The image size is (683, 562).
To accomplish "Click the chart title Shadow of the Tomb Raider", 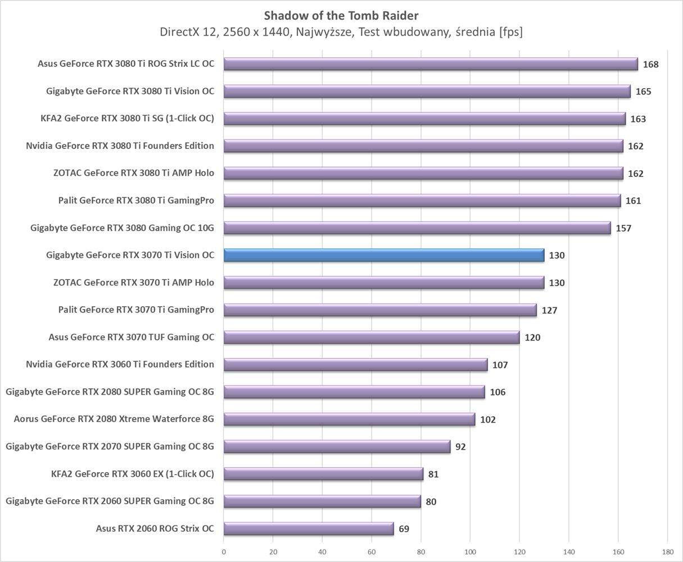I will click(341, 15).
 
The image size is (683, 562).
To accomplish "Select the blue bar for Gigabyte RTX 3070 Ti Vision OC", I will click(384, 255).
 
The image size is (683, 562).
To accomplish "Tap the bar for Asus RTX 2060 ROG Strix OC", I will click(309, 528).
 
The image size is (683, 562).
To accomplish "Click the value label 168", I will click(650, 64).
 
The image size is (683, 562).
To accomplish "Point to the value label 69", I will click(404, 529).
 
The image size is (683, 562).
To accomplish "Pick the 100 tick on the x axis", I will click(470, 552).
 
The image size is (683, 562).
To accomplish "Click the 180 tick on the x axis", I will click(667, 552).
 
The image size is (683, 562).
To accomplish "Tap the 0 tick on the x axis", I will click(224, 552).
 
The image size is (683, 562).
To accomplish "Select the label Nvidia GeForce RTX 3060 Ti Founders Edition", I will click(120, 364).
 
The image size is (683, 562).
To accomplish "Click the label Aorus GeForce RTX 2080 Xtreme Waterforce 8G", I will click(114, 419).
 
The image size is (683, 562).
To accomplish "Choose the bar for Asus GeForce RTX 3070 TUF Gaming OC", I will click(372, 337).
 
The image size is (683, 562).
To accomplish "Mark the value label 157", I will click(623, 228).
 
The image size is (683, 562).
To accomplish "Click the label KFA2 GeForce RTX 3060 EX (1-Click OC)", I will click(132, 474).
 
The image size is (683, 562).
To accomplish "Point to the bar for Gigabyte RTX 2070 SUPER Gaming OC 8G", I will click(337, 446).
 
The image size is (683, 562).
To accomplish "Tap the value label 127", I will click(549, 310).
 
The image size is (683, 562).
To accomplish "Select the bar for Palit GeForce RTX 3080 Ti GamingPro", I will click(422, 201).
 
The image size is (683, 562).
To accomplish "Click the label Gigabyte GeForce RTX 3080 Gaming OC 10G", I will click(123, 228).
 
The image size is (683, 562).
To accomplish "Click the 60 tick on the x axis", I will click(372, 552).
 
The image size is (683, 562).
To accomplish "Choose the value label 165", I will click(643, 91).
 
